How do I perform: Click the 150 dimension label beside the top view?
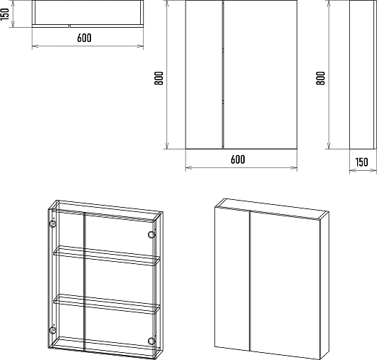[5, 14]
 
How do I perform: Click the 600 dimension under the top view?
[85, 38]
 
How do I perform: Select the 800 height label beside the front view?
[159, 78]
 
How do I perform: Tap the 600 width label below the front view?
[238, 159]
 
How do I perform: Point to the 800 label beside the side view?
[321, 78]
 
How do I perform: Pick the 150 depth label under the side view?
[361, 162]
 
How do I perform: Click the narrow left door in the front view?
[204, 75]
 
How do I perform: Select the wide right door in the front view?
[260, 75]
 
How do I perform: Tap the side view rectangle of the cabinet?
[362, 75]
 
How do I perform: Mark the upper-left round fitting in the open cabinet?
[53, 224]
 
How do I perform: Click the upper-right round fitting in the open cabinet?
[152, 235]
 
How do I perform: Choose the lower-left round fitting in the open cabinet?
[53, 330]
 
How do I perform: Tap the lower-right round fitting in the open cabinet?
[152, 341]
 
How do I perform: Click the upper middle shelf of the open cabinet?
[107, 255]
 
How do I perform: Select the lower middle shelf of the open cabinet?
[107, 304]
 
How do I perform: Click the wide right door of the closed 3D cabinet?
[285, 285]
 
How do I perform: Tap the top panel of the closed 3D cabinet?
[272, 208]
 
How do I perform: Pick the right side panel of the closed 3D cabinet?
[324, 286]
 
